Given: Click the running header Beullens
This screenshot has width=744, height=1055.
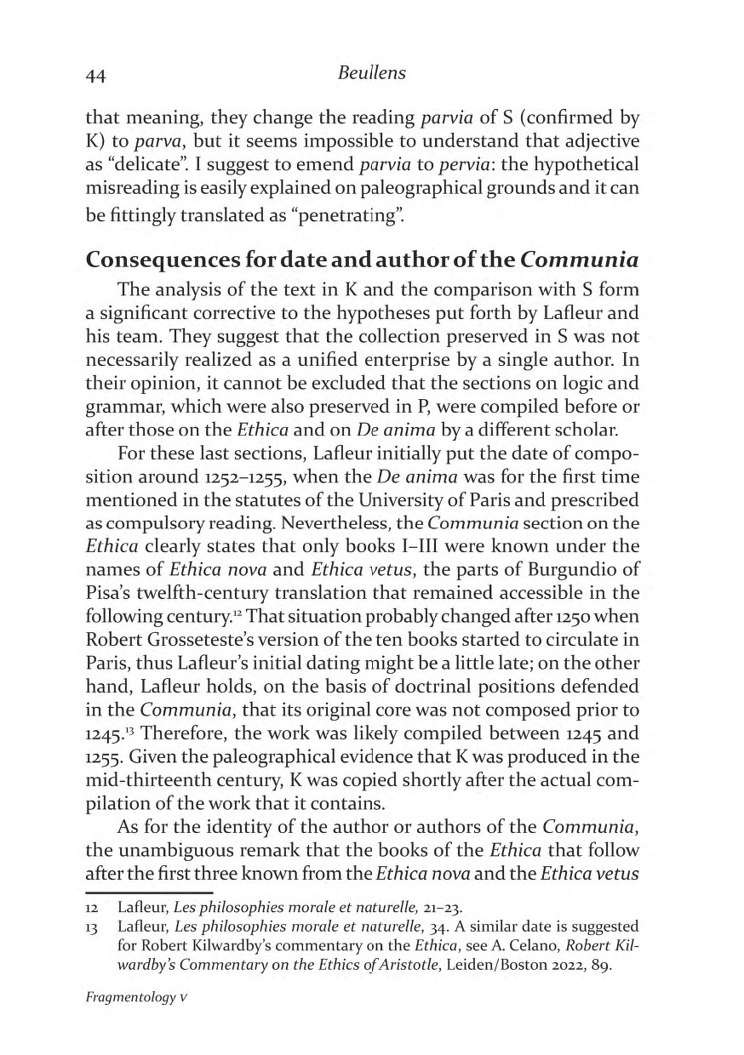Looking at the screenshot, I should coord(372,74).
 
